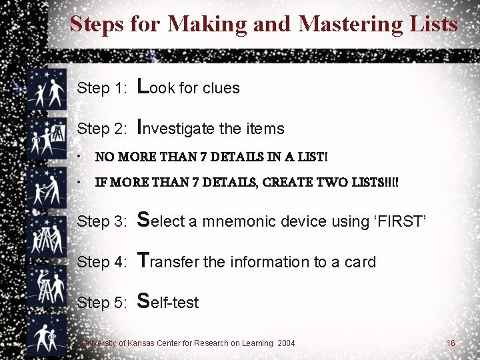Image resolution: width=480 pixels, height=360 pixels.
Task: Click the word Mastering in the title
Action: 350,24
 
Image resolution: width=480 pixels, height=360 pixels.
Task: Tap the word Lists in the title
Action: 433,23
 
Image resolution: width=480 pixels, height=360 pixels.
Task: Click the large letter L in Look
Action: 143,86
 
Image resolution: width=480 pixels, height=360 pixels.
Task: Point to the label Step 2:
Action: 101,129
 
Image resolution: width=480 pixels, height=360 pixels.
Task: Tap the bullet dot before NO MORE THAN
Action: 79,157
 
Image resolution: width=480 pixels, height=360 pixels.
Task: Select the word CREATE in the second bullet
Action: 287,182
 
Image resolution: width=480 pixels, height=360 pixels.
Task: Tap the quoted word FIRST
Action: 400,221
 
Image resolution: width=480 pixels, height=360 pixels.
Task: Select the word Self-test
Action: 168,301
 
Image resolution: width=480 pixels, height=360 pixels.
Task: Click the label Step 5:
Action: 101,303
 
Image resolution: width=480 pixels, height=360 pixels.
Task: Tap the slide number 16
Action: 451,343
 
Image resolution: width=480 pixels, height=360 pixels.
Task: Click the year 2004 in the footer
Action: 286,343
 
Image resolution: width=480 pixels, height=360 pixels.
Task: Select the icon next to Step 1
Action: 47,89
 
